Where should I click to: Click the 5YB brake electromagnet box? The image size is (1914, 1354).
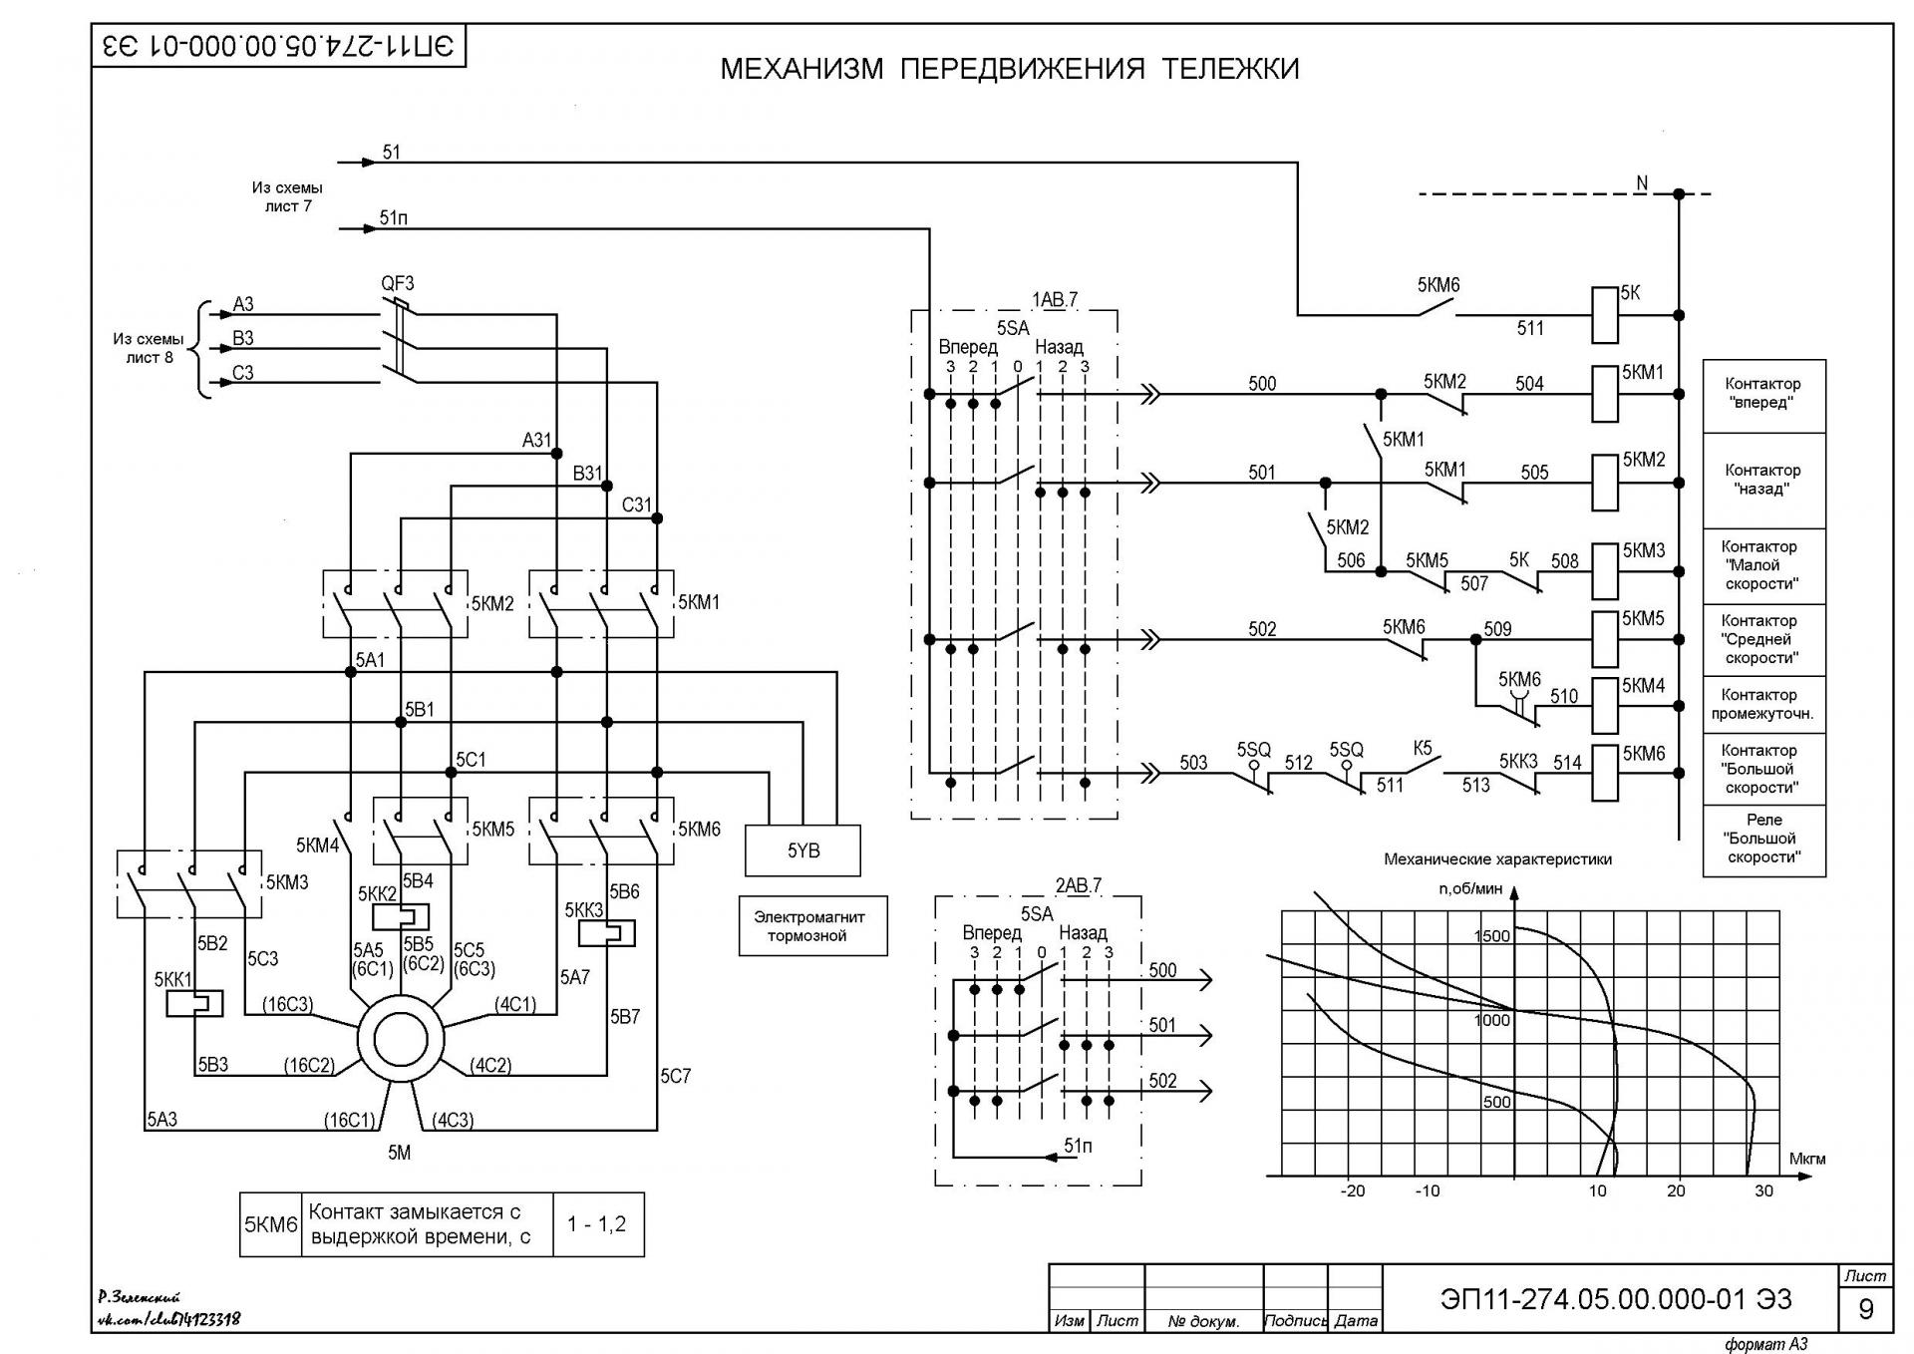(x=802, y=850)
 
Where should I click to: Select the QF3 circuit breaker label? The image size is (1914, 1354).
(x=398, y=283)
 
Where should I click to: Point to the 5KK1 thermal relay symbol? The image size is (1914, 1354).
(x=194, y=1003)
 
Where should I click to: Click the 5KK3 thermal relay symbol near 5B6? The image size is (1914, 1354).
(x=607, y=932)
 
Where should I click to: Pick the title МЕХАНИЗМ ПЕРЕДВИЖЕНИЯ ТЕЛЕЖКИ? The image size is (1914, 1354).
(x=1010, y=69)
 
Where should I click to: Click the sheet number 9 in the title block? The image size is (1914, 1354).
(x=1866, y=1308)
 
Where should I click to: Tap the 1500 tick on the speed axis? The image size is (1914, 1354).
(x=1492, y=935)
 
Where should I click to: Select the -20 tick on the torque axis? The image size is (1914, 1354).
(x=1352, y=1190)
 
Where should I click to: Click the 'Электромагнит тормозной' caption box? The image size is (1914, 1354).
(x=812, y=926)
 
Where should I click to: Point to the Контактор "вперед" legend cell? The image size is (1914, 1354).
(x=1763, y=395)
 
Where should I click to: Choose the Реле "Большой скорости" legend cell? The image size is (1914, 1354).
(x=1763, y=840)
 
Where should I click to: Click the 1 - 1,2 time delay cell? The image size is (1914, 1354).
(x=597, y=1224)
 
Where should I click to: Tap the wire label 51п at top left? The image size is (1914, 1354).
(x=394, y=217)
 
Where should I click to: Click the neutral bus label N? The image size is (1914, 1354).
(x=1641, y=182)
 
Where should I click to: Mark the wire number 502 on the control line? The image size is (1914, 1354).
(x=1262, y=629)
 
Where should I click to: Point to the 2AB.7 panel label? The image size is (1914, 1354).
(x=1079, y=885)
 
